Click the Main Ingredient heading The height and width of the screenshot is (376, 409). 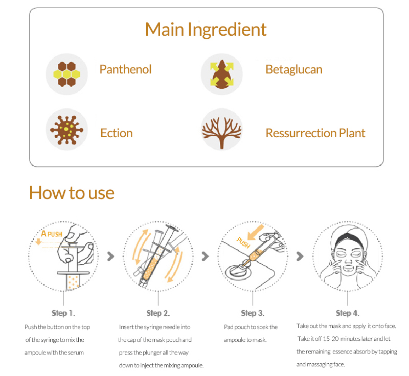pyautogui.click(x=206, y=30)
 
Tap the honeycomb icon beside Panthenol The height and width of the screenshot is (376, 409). pyautogui.click(x=67, y=74)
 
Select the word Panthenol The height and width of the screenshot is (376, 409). pyautogui.click(x=125, y=69)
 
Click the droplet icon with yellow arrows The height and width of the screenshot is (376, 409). pyautogui.click(x=222, y=74)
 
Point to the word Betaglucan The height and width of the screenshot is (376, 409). pyautogui.click(x=294, y=69)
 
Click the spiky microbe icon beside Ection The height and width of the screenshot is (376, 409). pyautogui.click(x=67, y=130)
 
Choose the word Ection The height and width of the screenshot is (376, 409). pyautogui.click(x=117, y=133)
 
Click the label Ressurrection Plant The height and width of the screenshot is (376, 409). pyautogui.click(x=315, y=133)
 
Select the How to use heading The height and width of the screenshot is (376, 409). pyautogui.click(x=72, y=193)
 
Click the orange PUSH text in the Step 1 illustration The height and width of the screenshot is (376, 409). pyautogui.click(x=55, y=234)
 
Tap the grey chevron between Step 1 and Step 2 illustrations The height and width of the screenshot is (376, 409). pyautogui.click(x=111, y=256)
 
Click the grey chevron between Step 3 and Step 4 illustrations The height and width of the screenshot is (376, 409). pyautogui.click(x=300, y=256)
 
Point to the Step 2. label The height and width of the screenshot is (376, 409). pyautogui.click(x=158, y=313)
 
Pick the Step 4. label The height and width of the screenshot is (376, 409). pyautogui.click(x=348, y=313)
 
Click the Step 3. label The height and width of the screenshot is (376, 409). pyautogui.click(x=253, y=313)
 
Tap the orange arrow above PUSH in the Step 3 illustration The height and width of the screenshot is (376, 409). pyautogui.click(x=255, y=232)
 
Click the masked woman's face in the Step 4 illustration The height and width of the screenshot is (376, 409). pyautogui.click(x=348, y=258)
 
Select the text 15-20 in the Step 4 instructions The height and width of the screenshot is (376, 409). pyautogui.click(x=331, y=339)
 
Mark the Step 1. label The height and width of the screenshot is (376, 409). pyautogui.click(x=63, y=313)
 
